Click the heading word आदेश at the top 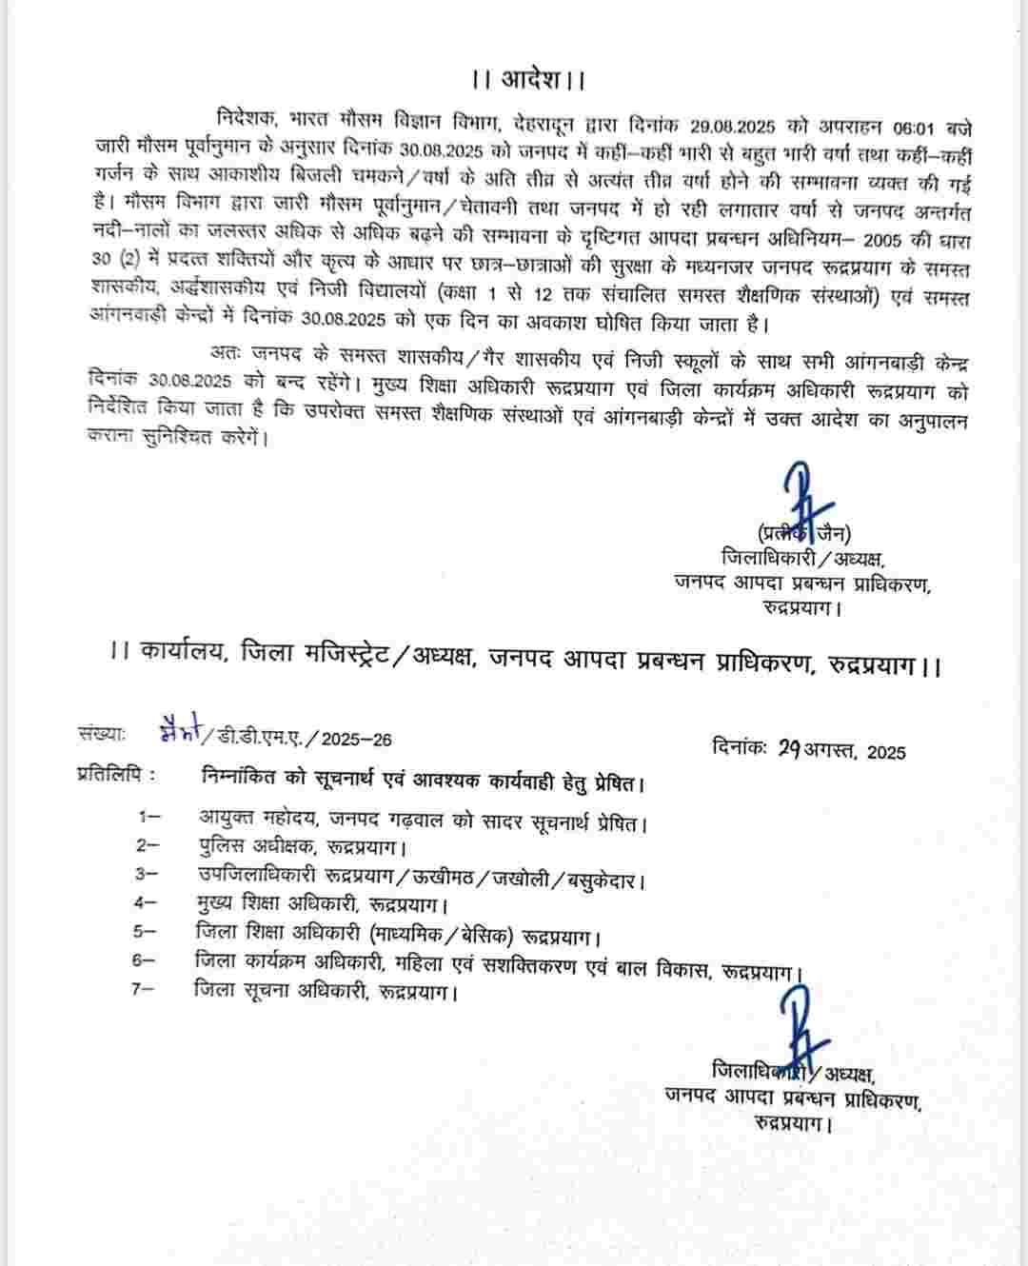click(529, 78)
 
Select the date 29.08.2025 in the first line click(738, 126)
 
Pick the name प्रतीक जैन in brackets click(804, 533)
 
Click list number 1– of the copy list click(148, 817)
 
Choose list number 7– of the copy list click(144, 990)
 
